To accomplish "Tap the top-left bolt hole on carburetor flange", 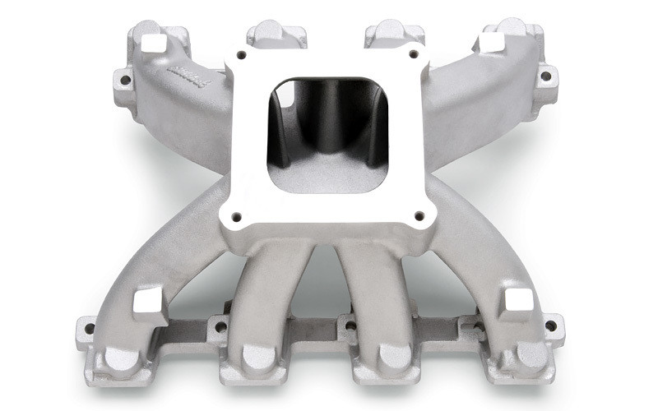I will (x=241, y=56).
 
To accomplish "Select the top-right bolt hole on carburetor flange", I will (x=417, y=56).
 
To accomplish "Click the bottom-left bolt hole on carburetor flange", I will (x=237, y=217).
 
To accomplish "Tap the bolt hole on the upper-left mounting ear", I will (x=125, y=81).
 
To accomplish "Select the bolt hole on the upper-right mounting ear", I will (x=544, y=76).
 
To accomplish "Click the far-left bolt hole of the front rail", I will (x=89, y=329).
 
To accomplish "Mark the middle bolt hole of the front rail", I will (x=351, y=326).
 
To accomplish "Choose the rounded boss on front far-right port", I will (x=533, y=355).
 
